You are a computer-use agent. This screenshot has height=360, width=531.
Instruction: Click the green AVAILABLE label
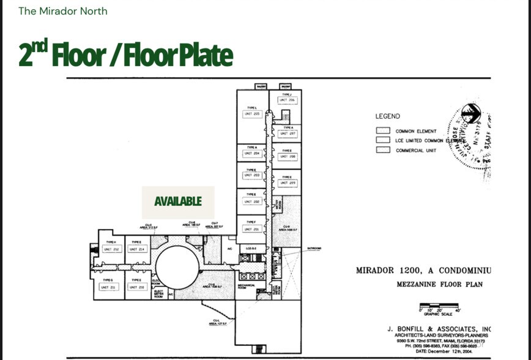pyautogui.click(x=178, y=201)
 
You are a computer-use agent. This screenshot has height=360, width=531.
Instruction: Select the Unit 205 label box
pyautogui.click(x=252, y=114)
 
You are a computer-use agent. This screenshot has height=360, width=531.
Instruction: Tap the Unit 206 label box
pyautogui.click(x=288, y=100)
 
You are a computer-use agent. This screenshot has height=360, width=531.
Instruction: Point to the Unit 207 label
pyautogui.click(x=288, y=133)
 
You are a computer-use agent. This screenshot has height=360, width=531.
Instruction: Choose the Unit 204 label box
pyautogui.click(x=252, y=154)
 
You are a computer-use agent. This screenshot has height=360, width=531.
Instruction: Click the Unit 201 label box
pyautogui.click(x=252, y=229)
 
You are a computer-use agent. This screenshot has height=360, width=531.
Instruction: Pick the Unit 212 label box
pyautogui.click(x=111, y=249)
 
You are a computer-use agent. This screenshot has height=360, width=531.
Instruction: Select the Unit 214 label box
pyautogui.click(x=137, y=249)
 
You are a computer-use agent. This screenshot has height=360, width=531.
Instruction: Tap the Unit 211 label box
pyautogui.click(x=109, y=287)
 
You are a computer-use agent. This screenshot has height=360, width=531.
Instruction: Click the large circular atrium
pyautogui.click(x=177, y=267)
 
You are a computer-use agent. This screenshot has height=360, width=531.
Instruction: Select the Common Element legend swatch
pyautogui.click(x=384, y=130)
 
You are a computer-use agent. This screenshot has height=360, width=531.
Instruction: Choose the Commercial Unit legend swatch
pyautogui.click(x=384, y=150)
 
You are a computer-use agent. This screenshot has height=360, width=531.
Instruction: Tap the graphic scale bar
pyautogui.click(x=438, y=306)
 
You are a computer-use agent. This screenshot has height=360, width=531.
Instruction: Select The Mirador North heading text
pyautogui.click(x=63, y=11)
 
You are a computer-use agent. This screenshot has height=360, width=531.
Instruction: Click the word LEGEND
pyautogui.click(x=388, y=116)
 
